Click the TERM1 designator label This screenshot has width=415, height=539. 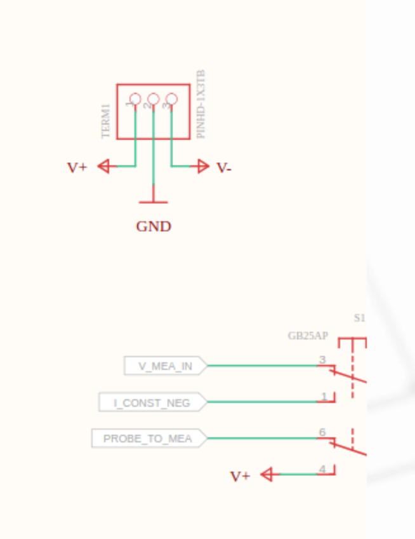coord(106,121)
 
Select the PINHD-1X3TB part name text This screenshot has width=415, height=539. coord(201,104)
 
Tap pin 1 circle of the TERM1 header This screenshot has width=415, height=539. coord(135,99)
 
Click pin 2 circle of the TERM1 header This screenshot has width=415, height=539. coord(154,99)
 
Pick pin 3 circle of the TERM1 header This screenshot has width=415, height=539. coord(171,99)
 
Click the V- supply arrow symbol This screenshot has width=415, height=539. coord(200,167)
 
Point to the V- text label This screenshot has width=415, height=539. coord(224,168)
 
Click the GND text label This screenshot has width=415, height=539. coord(154,226)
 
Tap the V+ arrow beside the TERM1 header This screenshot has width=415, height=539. coord(107,167)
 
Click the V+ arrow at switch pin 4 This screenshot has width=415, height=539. coord(270,474)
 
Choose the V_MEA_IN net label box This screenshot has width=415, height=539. coord(166,365)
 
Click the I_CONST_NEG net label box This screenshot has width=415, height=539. coord(153,402)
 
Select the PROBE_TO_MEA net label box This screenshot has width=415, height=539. coord(150,439)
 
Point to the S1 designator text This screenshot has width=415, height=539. coord(359,318)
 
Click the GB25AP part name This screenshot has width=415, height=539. coord(308,336)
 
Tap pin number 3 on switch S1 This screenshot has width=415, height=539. coord(322,360)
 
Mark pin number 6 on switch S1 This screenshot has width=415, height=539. coord(322,432)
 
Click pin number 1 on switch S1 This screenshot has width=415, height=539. coord(324,397)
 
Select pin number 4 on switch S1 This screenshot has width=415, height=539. coord(322,469)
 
